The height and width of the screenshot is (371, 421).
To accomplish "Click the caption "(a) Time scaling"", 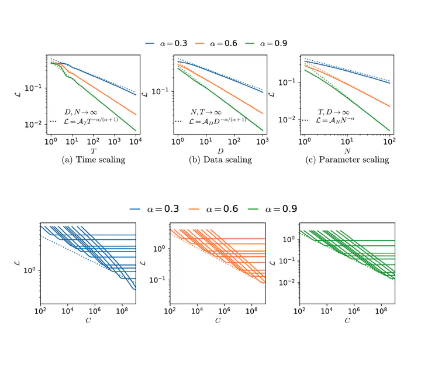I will [94, 159].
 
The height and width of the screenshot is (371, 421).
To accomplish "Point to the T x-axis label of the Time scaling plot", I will [93, 150].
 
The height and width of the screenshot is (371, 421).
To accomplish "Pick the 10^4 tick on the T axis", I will [136, 142].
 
